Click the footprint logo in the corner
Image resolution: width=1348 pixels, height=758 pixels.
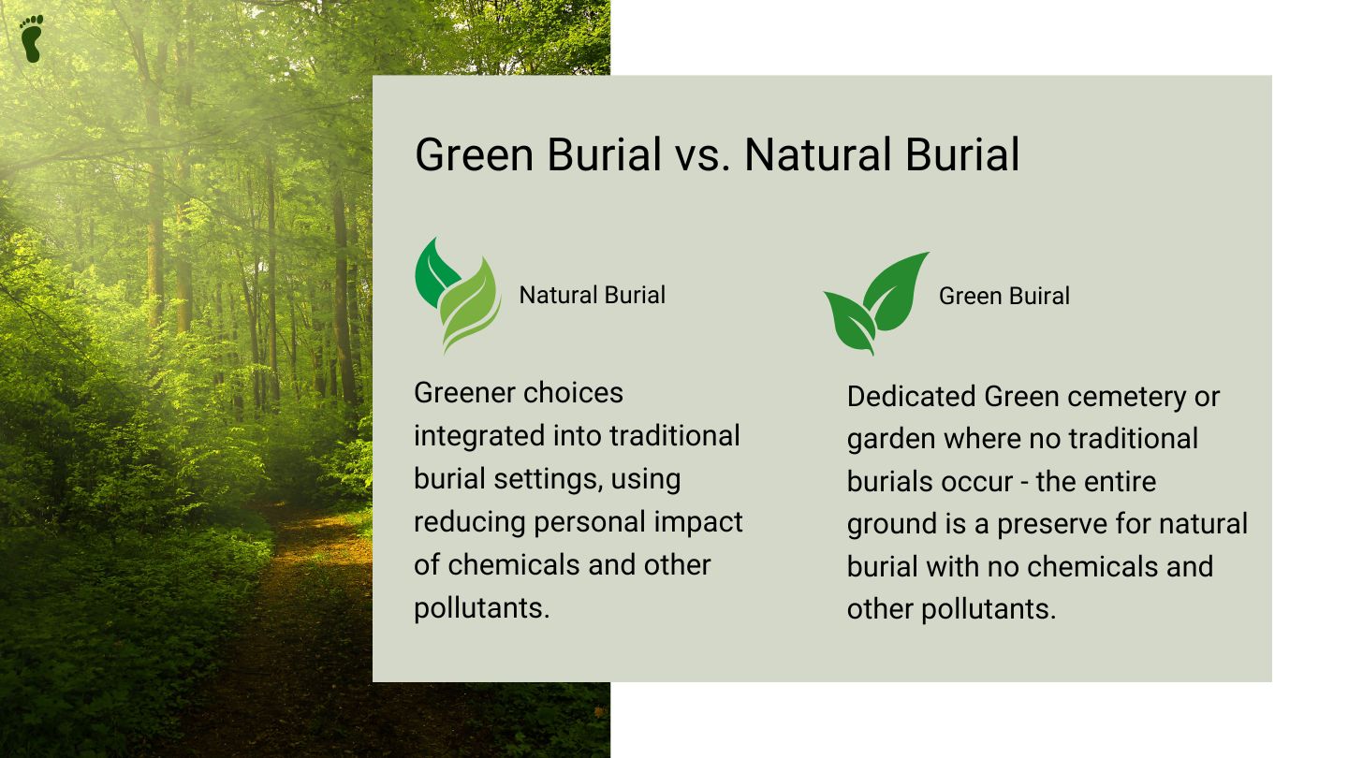31,38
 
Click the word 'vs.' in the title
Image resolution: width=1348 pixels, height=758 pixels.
702,155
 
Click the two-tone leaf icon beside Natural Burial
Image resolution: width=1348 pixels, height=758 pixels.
458,296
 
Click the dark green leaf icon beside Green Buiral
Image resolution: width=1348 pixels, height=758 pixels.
876,303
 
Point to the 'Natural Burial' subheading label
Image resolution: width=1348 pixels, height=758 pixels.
593,296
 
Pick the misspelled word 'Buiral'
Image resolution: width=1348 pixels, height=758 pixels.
1039,296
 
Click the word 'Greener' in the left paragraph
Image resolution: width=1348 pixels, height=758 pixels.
465,393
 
